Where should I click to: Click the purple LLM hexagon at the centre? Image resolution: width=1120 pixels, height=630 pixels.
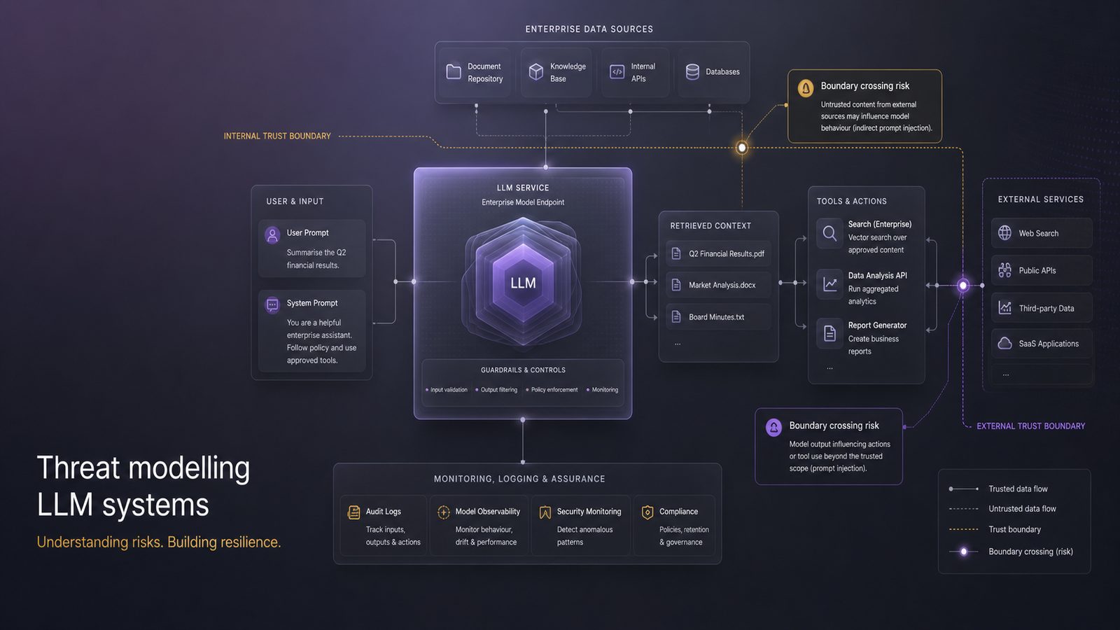523,282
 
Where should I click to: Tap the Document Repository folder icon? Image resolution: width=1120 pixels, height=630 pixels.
454,71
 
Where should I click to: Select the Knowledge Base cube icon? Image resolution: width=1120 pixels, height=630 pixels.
536,71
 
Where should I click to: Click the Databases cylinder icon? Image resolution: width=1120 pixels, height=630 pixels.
692,71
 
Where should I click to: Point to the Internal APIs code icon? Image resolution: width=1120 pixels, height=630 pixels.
617,71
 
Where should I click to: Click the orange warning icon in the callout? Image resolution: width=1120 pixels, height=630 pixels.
806,88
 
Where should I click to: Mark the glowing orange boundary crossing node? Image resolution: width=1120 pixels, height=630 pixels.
742,148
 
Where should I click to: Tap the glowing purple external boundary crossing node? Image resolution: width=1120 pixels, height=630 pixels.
963,285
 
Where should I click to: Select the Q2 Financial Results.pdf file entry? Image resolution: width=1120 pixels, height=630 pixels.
718,253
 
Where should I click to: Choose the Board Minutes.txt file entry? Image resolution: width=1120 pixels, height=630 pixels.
718,316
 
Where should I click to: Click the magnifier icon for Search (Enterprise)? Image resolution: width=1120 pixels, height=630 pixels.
829,233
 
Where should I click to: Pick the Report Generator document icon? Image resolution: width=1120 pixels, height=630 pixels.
829,332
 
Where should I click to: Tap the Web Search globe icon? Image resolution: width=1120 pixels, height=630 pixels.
1004,232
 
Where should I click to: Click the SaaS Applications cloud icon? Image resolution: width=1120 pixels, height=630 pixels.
1004,344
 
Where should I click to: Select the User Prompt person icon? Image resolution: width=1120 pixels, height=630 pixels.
272,234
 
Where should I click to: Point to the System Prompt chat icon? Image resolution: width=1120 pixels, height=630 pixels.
272,304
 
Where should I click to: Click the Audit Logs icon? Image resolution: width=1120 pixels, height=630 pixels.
353,512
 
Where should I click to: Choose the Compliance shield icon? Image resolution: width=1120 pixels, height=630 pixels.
647,512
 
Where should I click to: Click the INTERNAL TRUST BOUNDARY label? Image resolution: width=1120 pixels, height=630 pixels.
277,136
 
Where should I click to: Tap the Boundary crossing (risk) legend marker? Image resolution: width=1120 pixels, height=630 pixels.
963,552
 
